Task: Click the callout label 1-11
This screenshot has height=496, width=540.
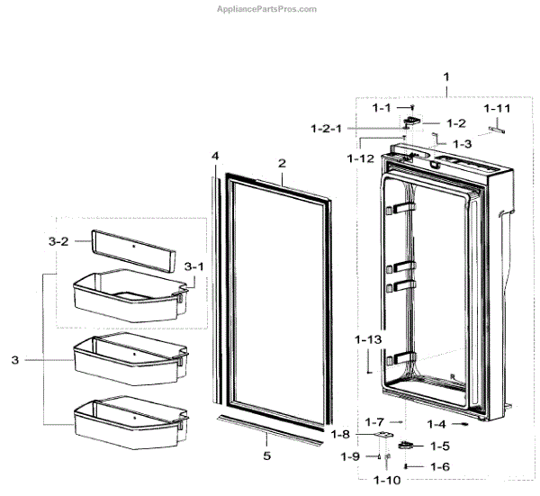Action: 496,108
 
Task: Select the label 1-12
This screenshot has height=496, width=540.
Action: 361,158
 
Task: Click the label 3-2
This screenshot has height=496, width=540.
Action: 58,241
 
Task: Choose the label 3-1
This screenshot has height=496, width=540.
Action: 193,266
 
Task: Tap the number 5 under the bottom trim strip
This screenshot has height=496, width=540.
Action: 266,456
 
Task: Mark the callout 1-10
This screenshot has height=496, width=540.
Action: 387,481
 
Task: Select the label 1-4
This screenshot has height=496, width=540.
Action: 437,423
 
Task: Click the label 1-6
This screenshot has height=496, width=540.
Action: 439,466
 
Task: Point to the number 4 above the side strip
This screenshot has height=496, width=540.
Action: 215,157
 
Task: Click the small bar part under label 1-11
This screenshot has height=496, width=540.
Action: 495,128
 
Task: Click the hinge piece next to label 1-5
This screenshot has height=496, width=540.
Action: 407,446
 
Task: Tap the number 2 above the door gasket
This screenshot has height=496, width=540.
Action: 282,164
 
